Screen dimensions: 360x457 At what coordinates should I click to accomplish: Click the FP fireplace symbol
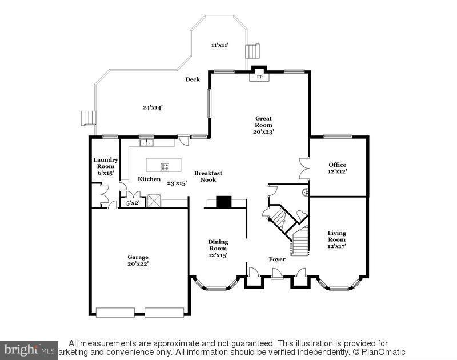[259, 77]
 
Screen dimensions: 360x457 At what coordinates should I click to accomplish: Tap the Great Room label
[264, 125]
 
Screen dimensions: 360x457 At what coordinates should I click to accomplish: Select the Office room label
[337, 168]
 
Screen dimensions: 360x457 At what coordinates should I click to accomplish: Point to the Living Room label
[336, 239]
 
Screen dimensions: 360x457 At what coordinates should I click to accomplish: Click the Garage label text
[138, 261]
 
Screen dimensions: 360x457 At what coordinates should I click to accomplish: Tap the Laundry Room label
[106, 166]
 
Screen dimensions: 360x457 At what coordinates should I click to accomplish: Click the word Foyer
[277, 259]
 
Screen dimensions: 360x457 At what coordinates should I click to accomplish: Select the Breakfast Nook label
[208, 176]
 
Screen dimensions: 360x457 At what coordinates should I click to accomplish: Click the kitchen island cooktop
[165, 167]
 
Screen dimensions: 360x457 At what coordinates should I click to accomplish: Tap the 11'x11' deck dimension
[220, 45]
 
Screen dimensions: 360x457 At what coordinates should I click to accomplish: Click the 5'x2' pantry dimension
[133, 202]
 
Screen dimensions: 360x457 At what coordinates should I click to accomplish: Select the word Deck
[193, 79]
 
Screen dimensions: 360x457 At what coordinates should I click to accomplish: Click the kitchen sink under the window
[147, 142]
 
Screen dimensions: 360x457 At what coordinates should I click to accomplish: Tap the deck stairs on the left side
[86, 118]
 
